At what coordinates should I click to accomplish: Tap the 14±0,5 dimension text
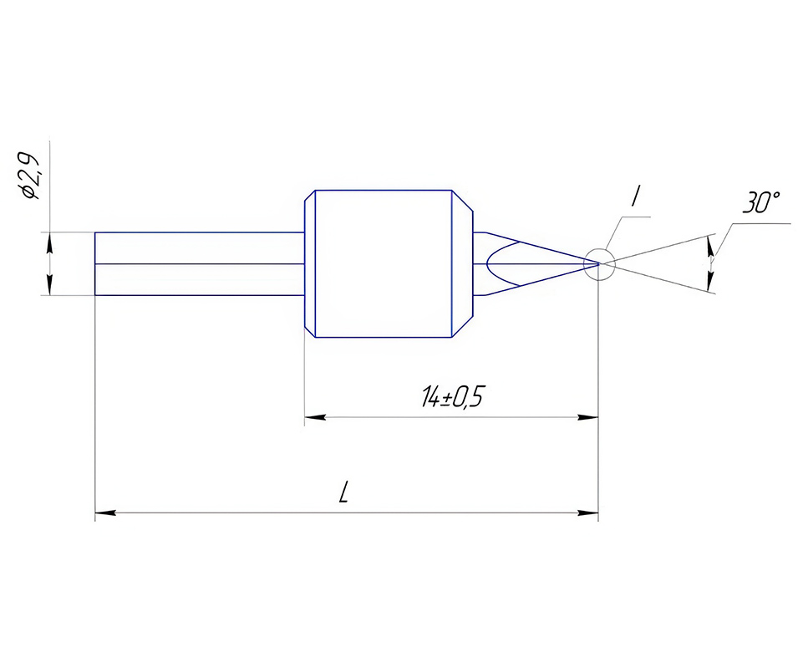click(x=452, y=396)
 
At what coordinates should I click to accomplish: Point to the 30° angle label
click(x=761, y=202)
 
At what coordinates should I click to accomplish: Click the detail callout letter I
click(x=636, y=196)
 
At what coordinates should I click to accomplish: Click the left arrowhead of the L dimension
click(x=105, y=512)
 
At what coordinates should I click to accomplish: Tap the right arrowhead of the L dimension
click(x=588, y=512)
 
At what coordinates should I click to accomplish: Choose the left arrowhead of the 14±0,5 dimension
click(x=315, y=417)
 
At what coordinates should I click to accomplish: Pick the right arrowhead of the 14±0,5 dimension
click(x=588, y=417)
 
